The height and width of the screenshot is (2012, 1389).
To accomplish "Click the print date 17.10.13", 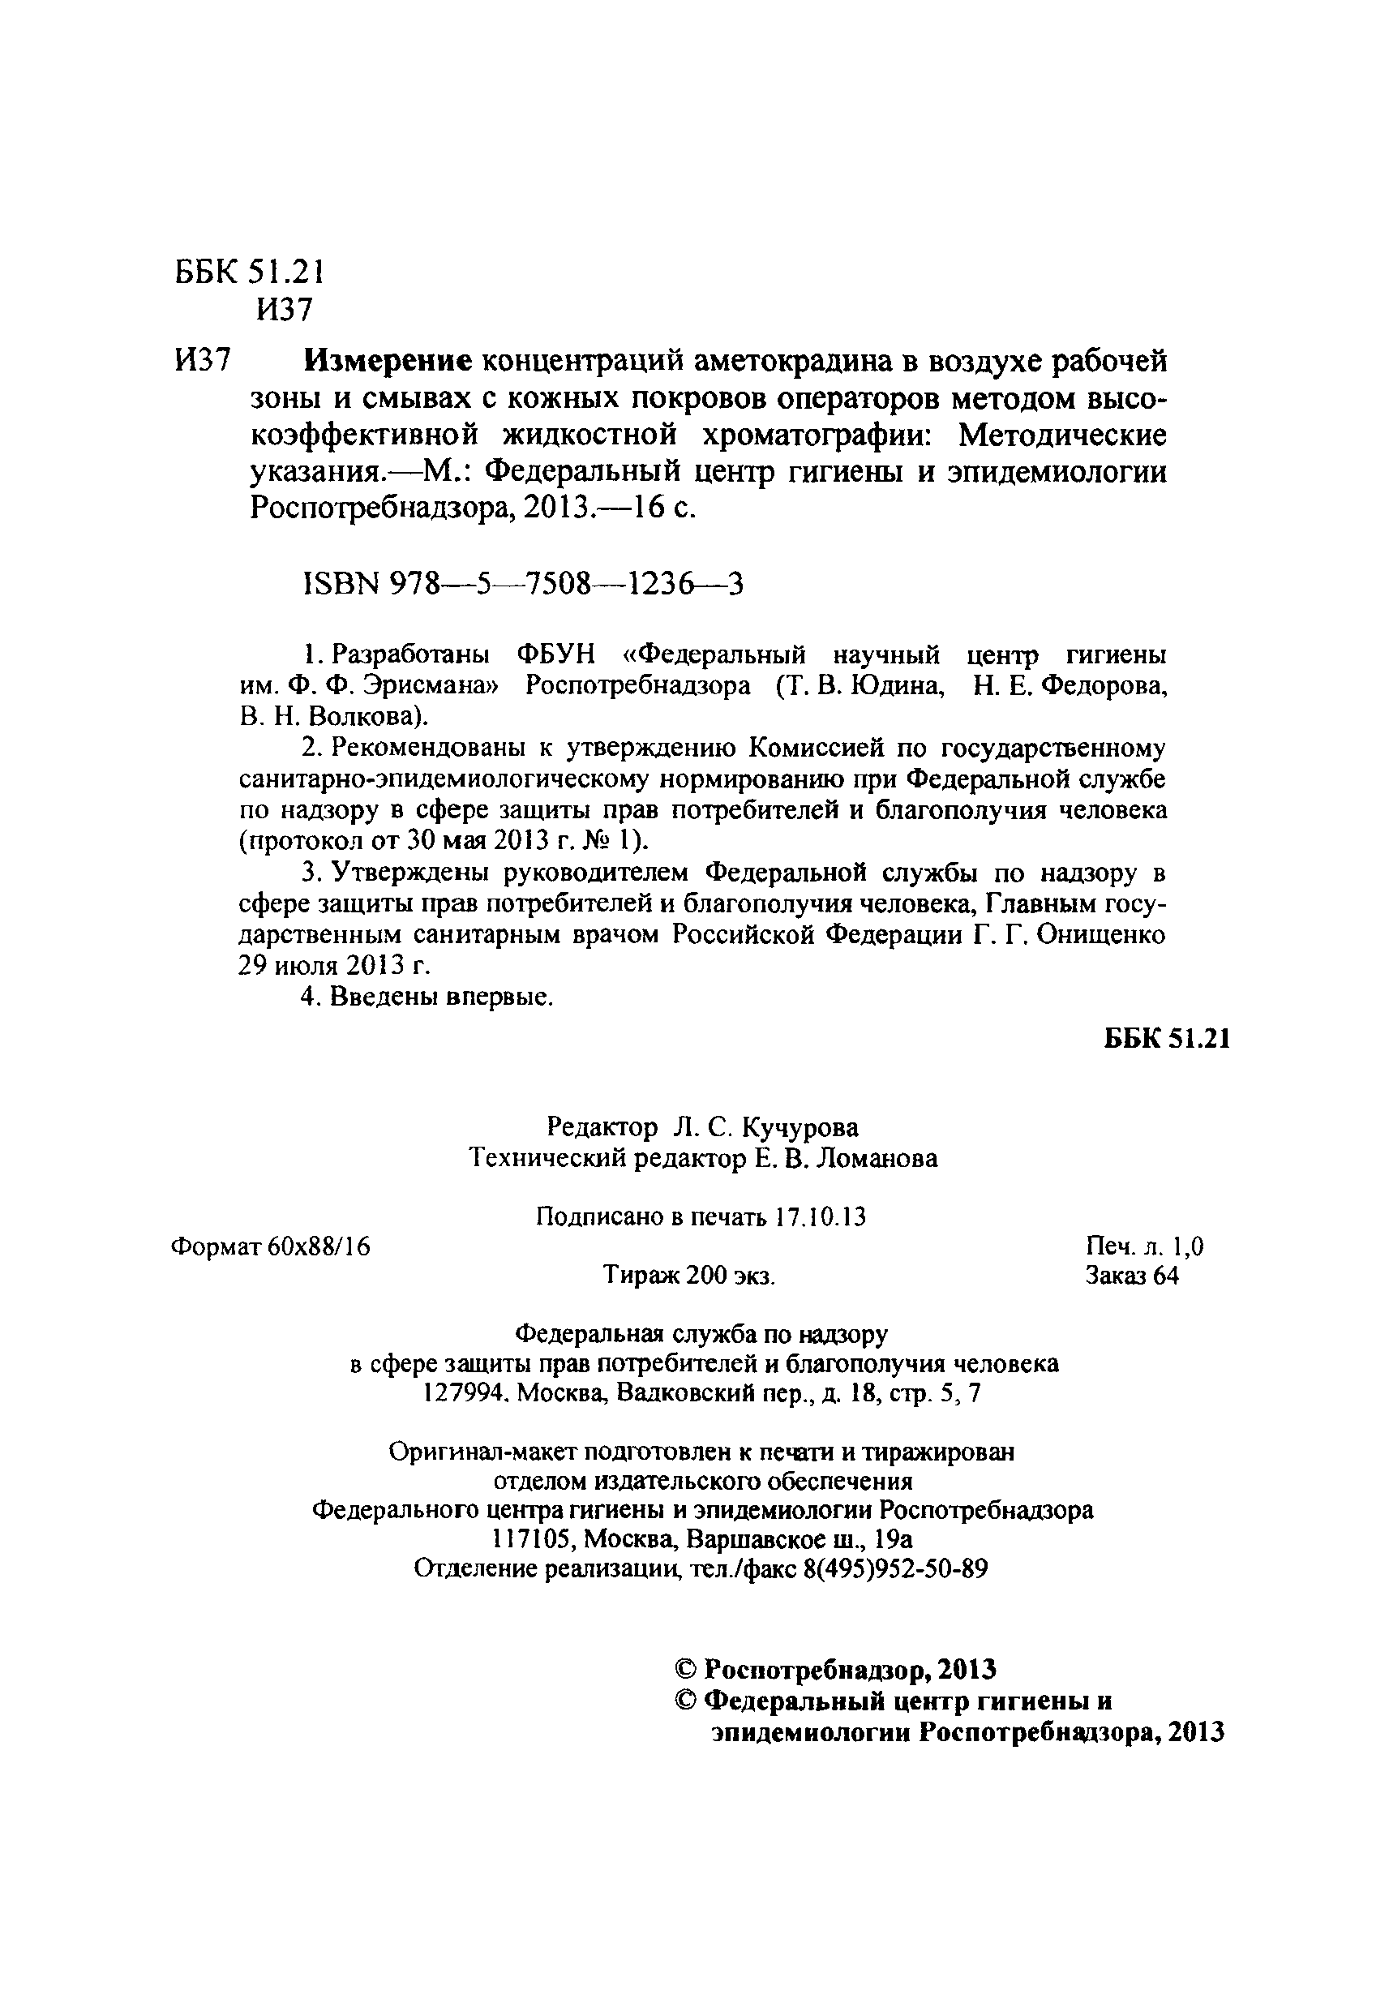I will (820, 1216).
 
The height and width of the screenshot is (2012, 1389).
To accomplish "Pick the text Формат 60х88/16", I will (271, 1247).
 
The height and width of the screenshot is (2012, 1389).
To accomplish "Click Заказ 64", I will (1131, 1276).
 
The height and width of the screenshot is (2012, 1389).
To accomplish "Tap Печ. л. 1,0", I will (1144, 1247).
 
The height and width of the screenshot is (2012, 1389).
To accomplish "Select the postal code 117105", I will (533, 1539).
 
